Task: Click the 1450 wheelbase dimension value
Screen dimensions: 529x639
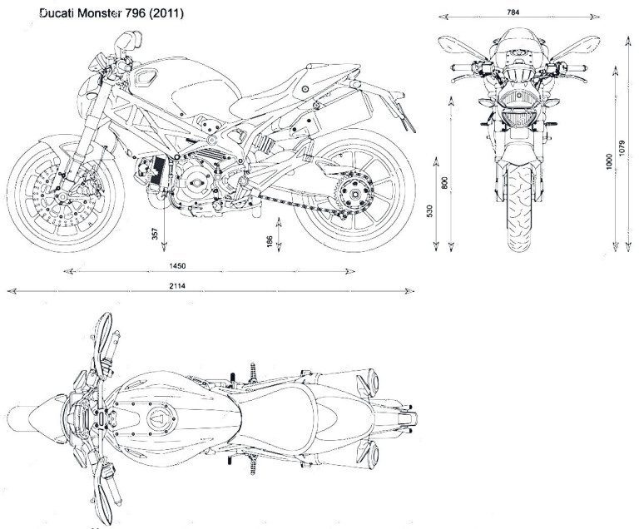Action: (x=176, y=265)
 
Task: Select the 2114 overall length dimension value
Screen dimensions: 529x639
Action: (x=176, y=285)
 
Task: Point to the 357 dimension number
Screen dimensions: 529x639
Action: (x=156, y=235)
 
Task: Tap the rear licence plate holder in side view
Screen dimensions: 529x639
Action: (x=404, y=117)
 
